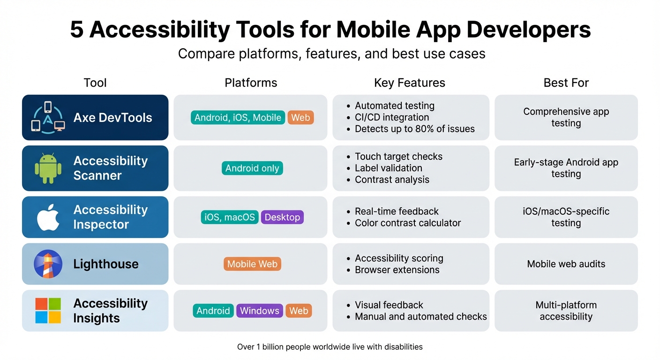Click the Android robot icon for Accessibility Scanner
(x=48, y=168)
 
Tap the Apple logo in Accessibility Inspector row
(x=48, y=217)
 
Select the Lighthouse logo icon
(x=48, y=264)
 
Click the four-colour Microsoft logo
(x=48, y=311)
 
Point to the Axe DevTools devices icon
(x=48, y=117)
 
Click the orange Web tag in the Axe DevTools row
(x=300, y=118)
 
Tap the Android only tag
(x=252, y=168)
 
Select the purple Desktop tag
(x=282, y=217)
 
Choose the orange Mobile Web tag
(x=252, y=264)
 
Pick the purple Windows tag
(x=260, y=311)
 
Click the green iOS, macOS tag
(x=230, y=217)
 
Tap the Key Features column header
(x=409, y=83)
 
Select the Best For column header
(x=566, y=83)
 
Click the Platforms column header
(x=251, y=83)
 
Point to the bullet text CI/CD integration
(x=392, y=117)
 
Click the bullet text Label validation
(x=389, y=168)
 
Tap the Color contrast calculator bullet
(x=408, y=223)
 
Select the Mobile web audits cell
(x=566, y=264)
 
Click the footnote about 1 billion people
(x=330, y=347)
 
